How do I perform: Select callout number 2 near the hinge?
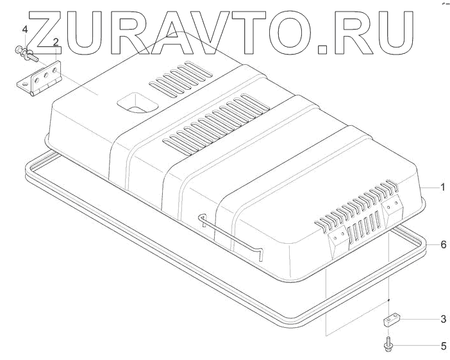(56, 42)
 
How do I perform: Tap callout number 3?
(442, 319)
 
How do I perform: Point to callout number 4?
(25, 30)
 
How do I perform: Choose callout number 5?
(442, 347)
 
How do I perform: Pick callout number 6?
(442, 244)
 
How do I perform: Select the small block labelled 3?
(392, 319)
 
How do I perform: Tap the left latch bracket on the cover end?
(338, 243)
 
